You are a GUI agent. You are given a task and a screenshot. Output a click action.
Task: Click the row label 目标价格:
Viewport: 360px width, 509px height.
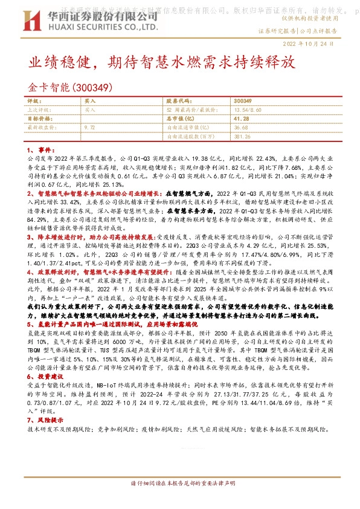click(39, 119)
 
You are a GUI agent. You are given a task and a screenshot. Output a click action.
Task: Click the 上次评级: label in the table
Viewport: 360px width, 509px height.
click(39, 110)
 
